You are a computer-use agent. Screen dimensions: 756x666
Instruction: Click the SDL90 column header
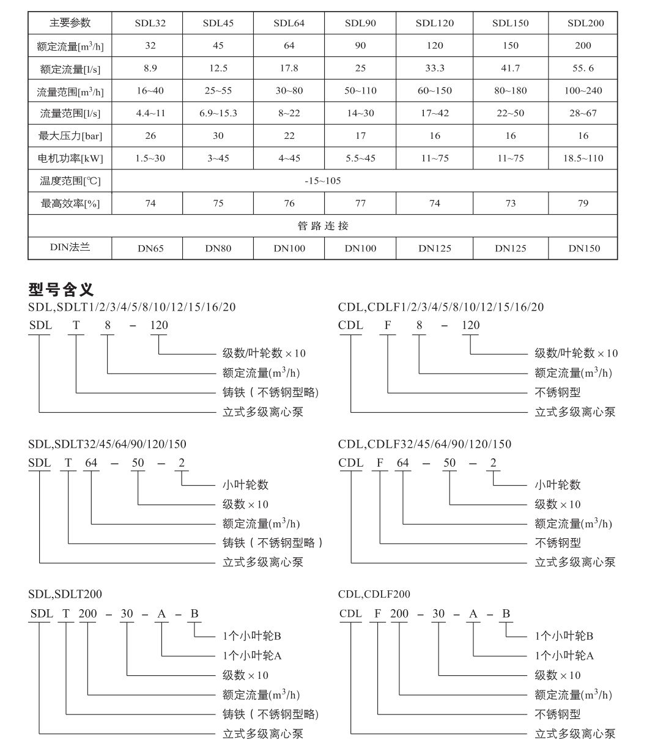click(x=360, y=23)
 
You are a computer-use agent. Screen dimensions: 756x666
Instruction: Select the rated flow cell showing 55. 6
click(x=583, y=68)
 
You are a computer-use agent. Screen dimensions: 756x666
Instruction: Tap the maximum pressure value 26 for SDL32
click(x=150, y=135)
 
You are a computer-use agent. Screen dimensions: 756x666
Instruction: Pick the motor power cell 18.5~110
click(x=583, y=158)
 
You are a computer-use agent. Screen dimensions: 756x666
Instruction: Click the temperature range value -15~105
click(x=322, y=180)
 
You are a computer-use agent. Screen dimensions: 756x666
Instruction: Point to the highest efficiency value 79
click(x=583, y=203)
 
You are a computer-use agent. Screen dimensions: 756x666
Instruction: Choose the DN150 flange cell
click(x=584, y=248)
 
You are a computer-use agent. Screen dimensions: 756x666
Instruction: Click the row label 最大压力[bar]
click(x=70, y=136)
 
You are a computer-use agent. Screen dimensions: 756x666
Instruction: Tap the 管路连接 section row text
click(x=322, y=226)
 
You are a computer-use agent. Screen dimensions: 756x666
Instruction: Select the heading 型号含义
click(x=61, y=289)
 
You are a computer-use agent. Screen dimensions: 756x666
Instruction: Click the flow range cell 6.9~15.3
click(x=218, y=113)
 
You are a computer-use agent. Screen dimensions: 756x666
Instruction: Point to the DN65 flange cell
click(x=150, y=248)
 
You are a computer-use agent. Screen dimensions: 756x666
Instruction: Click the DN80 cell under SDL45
click(x=218, y=248)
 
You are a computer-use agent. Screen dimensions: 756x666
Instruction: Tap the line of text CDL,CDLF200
click(x=374, y=594)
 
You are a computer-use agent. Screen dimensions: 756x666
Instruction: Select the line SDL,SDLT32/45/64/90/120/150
click(x=107, y=444)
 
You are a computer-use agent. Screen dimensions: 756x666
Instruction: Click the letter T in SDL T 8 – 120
click(x=76, y=325)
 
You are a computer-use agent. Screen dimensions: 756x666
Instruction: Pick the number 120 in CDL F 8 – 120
click(x=470, y=325)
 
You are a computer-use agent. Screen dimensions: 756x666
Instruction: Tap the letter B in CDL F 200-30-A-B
click(x=506, y=613)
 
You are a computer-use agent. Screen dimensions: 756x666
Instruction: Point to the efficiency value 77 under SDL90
click(x=360, y=203)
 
